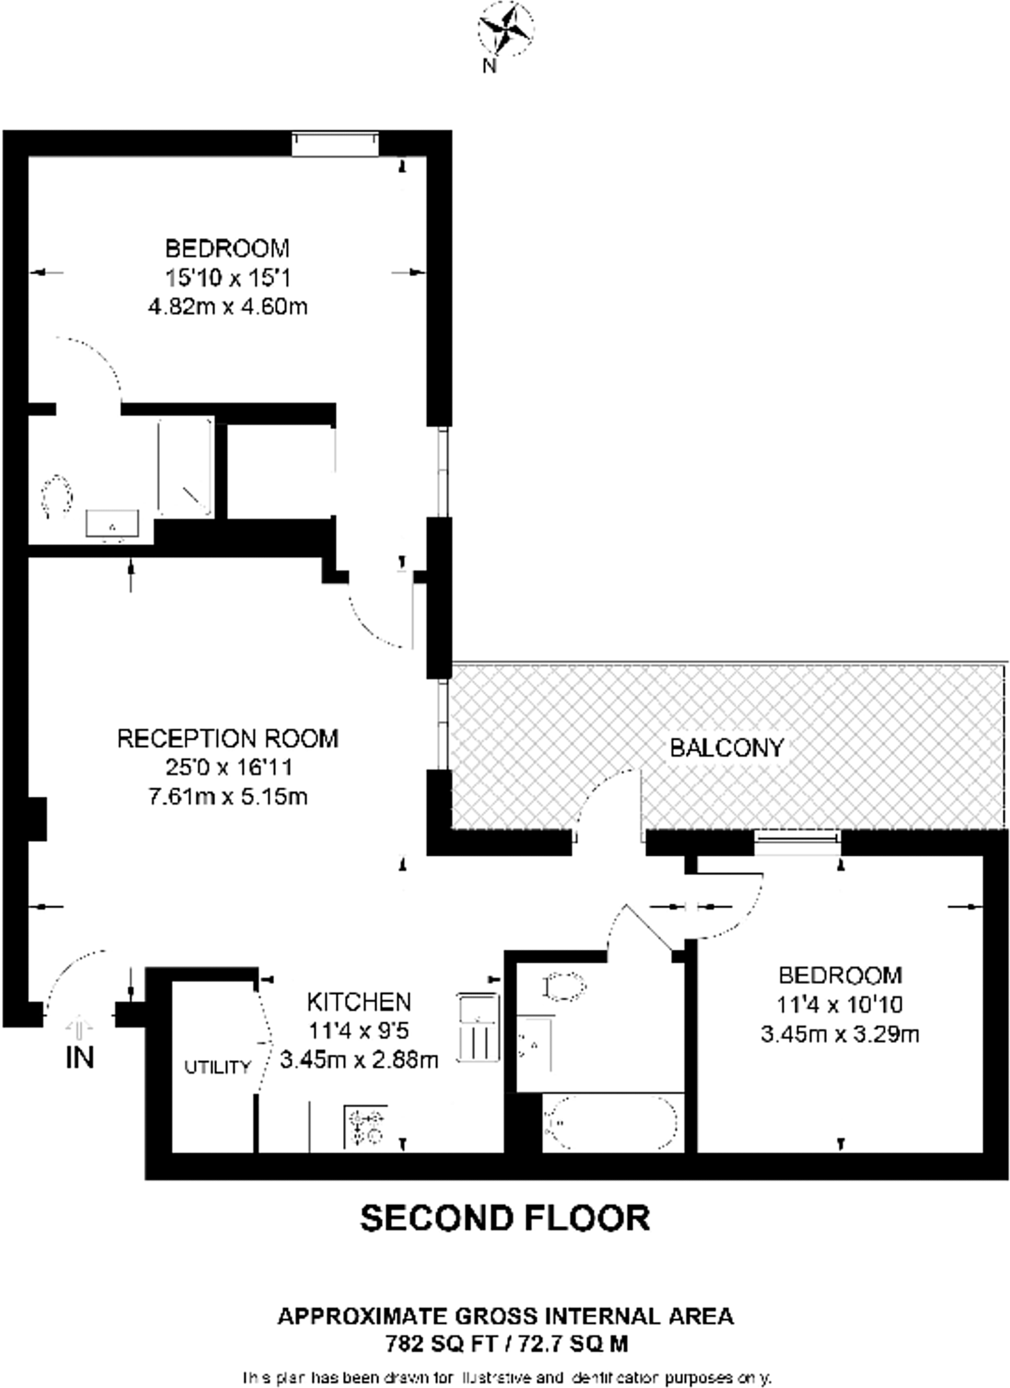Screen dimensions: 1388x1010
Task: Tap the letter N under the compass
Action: (489, 66)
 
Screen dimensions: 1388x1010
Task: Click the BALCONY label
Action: (727, 748)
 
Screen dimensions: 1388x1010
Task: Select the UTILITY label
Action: (218, 1067)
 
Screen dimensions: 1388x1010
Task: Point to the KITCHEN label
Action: (359, 1002)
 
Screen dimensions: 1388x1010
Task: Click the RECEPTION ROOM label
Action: (228, 738)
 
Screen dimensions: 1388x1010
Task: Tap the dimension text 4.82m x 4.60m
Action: (228, 307)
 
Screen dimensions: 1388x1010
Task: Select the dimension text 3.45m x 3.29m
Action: (840, 1034)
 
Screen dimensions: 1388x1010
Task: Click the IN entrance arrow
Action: (80, 1027)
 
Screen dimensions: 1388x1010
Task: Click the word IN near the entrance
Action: (80, 1058)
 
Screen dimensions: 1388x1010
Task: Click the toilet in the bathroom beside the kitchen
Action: (564, 987)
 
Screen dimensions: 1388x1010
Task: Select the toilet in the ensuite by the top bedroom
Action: (57, 496)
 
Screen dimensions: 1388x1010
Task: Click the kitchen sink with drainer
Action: (479, 1027)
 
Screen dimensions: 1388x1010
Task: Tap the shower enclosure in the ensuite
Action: (185, 468)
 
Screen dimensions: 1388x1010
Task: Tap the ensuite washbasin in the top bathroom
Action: (113, 524)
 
